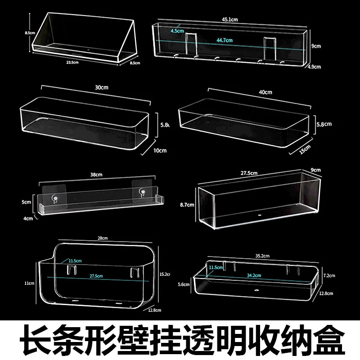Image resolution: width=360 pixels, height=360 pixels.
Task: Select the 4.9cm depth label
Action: pyautogui.click(x=315, y=67)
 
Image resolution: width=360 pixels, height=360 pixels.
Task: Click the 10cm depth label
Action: pyautogui.click(x=160, y=150)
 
